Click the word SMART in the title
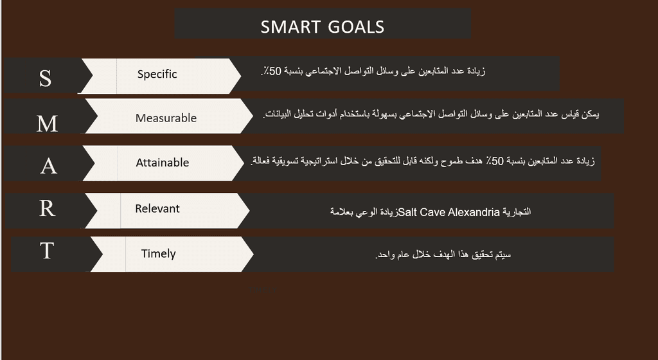[290, 27]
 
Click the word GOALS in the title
[356, 27]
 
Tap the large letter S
[46, 78]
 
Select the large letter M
[47, 123]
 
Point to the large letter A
[49, 166]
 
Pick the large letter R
[47, 208]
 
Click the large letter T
[47, 251]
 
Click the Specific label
[157, 75]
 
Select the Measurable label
[166, 118]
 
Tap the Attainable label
[163, 163]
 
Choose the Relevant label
[157, 208]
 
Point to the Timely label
[158, 253]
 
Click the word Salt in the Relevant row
[407, 212]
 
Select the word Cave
[432, 212]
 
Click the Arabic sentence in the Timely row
[443, 255]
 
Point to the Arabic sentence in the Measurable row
[431, 114]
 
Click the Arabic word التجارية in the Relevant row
[517, 212]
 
